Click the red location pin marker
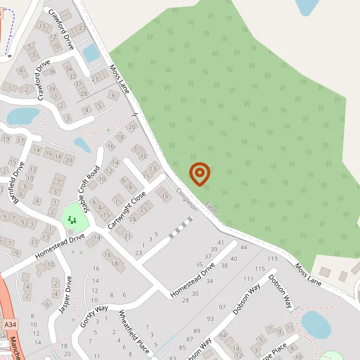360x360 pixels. (199, 174)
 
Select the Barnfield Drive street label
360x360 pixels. (13, 178)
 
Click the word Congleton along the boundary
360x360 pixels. (187, 199)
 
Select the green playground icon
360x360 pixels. (73, 220)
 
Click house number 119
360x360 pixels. (272, 259)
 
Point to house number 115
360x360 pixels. (259, 269)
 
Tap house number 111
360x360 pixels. (248, 279)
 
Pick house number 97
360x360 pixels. (222, 307)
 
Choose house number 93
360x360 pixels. (210, 319)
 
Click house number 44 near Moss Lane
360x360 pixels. (243, 247)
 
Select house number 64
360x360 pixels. (223, 335)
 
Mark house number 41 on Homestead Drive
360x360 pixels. (220, 242)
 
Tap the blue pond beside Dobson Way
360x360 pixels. (316, 324)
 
